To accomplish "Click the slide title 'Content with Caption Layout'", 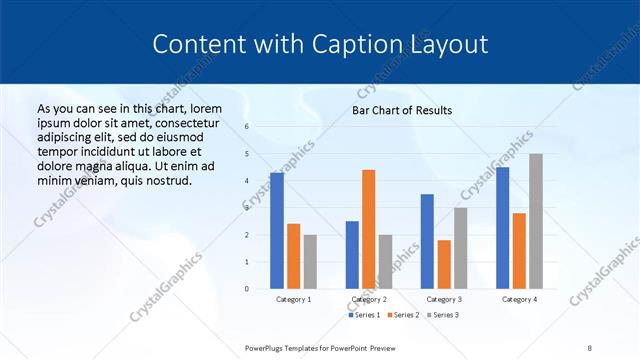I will click(320, 44).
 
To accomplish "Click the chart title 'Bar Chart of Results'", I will click(401, 110).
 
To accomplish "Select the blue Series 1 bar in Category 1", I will click(277, 231).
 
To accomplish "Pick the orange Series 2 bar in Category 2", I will click(368, 229).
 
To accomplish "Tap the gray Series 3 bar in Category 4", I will click(536, 221).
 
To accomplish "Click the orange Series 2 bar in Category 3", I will click(444, 264).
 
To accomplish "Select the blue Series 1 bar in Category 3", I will click(427, 241).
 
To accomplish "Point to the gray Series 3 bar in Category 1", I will click(310, 262).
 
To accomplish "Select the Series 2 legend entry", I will click(402, 316).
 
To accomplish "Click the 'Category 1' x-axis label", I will click(293, 299).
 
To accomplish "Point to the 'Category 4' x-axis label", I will click(519, 299).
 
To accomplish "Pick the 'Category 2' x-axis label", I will click(369, 299).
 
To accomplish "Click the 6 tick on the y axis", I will click(247, 127).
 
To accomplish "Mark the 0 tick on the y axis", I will click(247, 289).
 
